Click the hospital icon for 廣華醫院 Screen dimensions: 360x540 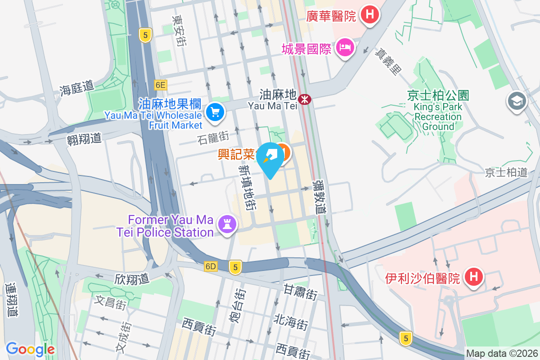[x=369, y=14]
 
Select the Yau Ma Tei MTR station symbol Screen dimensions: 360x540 [x=305, y=99]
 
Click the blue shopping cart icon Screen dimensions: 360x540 [x=215, y=111]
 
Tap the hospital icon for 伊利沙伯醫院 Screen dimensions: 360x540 [x=473, y=276]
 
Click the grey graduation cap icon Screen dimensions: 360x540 [x=517, y=101]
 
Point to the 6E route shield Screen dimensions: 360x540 [x=160, y=85]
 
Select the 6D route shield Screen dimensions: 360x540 [x=211, y=266]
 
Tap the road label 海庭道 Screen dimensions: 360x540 [x=76, y=88]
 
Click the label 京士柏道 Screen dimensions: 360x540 [x=506, y=172]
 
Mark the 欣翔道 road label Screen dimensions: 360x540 [x=132, y=279]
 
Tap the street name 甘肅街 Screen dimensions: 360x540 [x=300, y=292]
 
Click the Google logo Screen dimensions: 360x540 [x=30, y=349]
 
